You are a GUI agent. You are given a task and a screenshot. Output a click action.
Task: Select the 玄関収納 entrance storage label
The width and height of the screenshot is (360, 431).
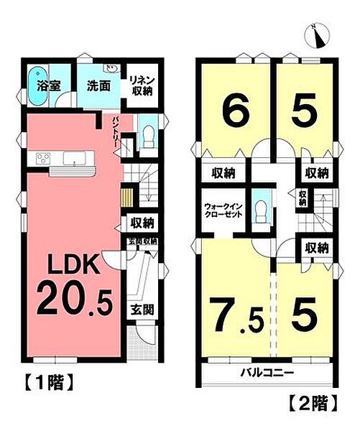click(143, 241)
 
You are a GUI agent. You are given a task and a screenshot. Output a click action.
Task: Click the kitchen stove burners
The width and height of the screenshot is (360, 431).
click(39, 159)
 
